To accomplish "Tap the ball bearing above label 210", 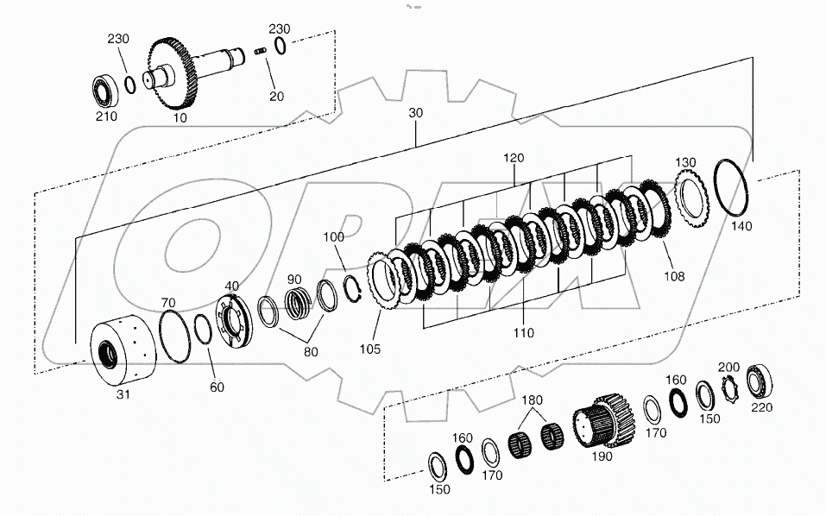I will (x=107, y=89).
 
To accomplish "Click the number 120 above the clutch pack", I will (x=515, y=159).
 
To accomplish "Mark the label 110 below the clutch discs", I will (x=523, y=332).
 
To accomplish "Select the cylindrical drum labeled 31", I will (x=121, y=353).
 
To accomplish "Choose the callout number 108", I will (x=673, y=277).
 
